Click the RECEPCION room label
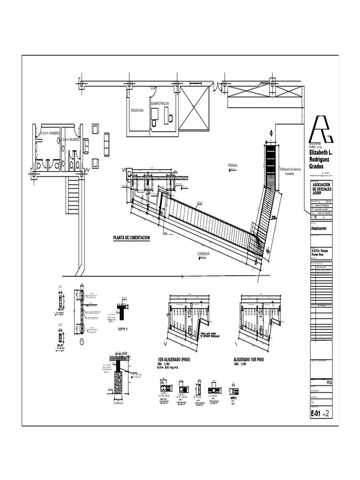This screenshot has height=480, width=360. (x=137, y=110)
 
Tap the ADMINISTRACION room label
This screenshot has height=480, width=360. (x=160, y=104)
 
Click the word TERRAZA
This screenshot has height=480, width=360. (x=233, y=166)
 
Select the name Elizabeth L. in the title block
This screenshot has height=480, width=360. (x=321, y=153)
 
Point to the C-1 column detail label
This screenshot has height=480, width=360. (x=60, y=286)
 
